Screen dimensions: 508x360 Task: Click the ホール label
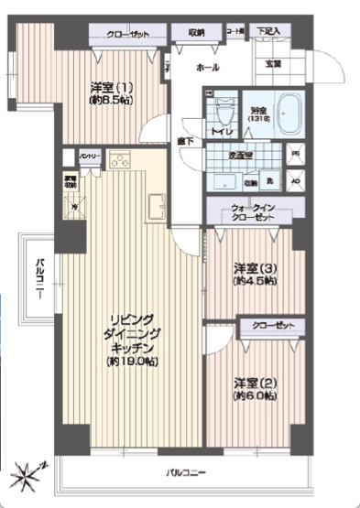point(207,68)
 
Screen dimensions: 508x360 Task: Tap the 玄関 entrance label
point(274,62)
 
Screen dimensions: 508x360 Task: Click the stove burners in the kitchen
point(121,160)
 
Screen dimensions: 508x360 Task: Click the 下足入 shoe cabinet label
point(268,30)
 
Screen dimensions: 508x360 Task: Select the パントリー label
point(89,157)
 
